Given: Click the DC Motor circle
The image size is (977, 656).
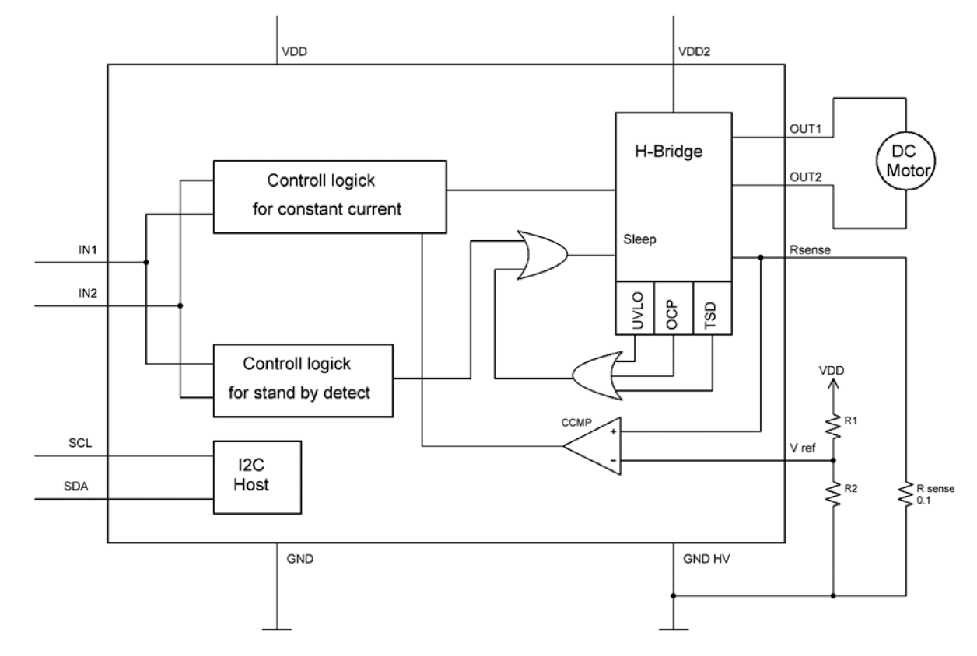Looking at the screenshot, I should [x=905, y=162].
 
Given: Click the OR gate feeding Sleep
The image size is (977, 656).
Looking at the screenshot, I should [x=541, y=254].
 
